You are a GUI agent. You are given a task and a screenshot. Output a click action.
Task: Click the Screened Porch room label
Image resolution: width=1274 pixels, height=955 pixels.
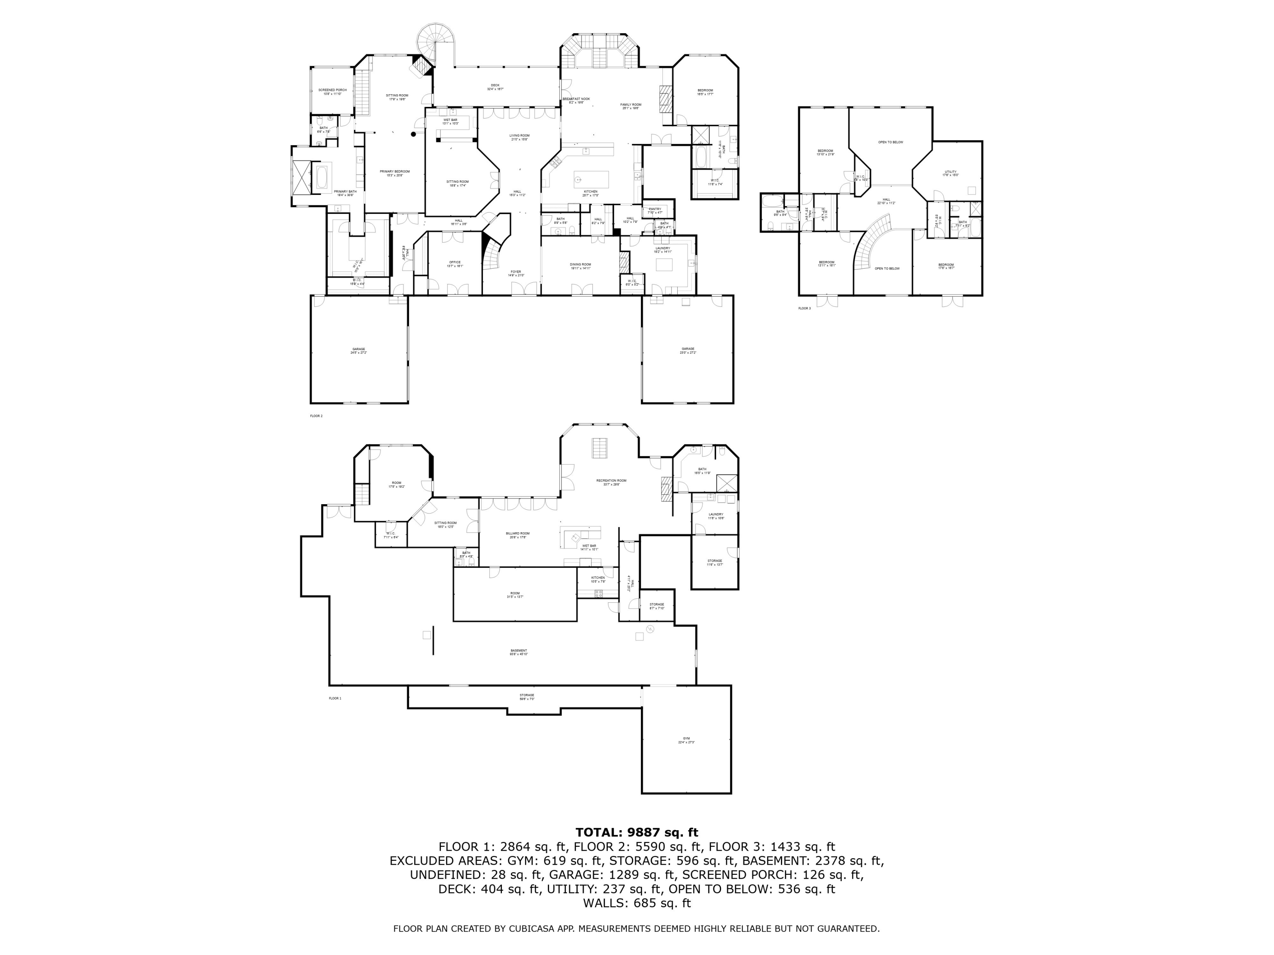point(333,90)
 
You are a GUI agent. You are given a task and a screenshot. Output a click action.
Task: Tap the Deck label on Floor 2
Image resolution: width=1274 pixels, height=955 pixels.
point(495,85)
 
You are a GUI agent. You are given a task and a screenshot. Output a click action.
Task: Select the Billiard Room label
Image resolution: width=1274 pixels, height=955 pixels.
point(518,534)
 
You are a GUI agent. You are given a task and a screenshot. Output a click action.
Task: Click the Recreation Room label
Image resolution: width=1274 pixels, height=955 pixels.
point(611,480)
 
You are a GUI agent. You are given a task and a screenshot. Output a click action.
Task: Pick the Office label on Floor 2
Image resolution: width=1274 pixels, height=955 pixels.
point(455,262)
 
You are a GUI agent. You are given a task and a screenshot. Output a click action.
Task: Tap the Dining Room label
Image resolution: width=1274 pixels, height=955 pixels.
point(581,264)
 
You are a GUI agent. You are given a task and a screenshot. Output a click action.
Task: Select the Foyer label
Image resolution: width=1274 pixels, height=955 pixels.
point(516,272)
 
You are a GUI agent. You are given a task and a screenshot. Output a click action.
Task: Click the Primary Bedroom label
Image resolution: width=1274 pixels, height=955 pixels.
point(395,171)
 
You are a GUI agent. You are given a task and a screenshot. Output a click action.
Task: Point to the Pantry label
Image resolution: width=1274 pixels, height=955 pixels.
point(655,209)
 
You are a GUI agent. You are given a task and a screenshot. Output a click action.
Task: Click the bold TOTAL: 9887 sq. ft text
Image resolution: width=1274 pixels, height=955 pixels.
point(637,832)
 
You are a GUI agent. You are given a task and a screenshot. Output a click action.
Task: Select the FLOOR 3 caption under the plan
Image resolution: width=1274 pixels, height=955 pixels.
point(804,309)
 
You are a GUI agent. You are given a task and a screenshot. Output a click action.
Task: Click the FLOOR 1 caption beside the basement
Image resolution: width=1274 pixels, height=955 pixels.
point(335,698)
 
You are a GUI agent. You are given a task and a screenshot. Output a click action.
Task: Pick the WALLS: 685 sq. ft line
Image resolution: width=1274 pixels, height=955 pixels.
point(637,903)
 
